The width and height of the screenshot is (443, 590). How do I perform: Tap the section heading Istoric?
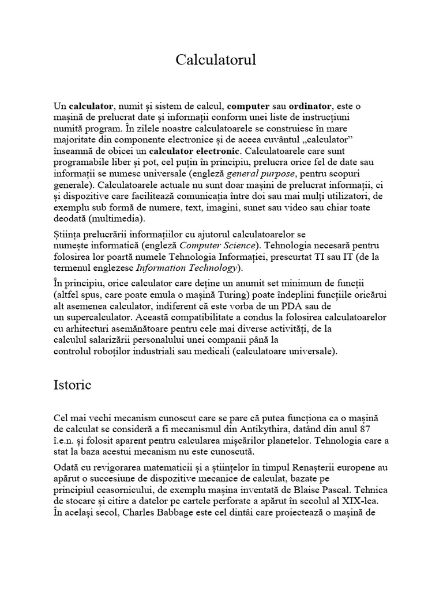tap(72, 385)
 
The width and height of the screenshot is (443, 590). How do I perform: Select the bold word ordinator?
tap(310, 106)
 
